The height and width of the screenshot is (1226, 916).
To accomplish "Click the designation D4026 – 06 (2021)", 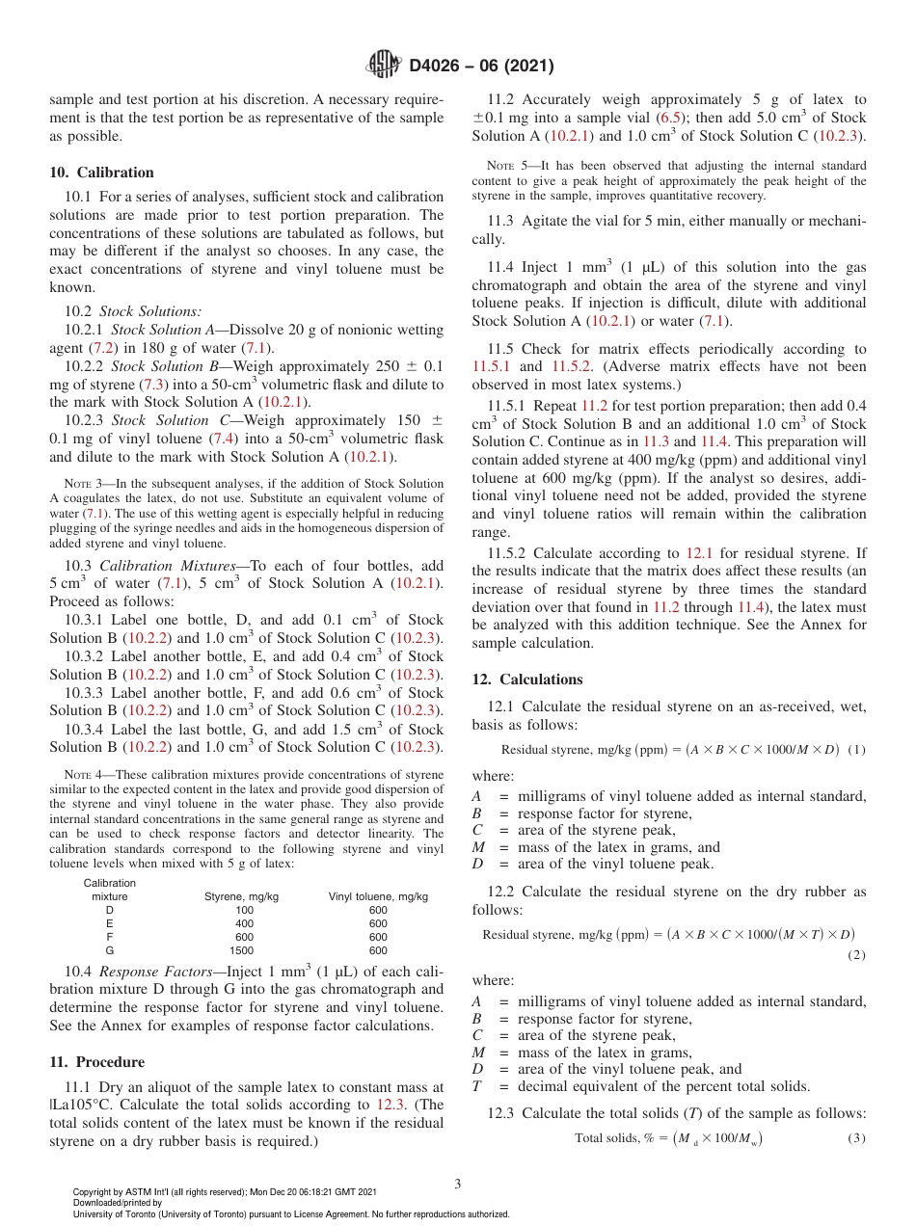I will (x=479, y=67).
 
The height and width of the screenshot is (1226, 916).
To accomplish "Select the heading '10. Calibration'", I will (x=101, y=173).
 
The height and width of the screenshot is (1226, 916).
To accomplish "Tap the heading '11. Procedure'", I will (x=96, y=1061).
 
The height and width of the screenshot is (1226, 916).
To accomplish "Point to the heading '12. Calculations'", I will (x=527, y=680).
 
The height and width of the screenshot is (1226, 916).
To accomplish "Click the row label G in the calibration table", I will (x=109, y=950).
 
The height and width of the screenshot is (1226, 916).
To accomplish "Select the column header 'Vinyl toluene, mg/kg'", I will (x=378, y=896).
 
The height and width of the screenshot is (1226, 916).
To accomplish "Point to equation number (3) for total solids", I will (x=856, y=1138).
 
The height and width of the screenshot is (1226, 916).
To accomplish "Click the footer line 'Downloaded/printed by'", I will (x=118, y=1203).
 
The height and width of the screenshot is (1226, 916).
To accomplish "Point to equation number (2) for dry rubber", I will (x=856, y=954).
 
